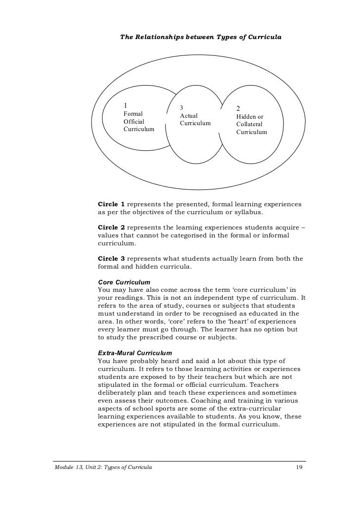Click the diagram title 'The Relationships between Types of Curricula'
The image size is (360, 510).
(x=201, y=38)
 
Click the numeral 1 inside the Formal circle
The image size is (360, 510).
(x=125, y=105)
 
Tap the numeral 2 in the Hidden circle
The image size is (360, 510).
(x=238, y=109)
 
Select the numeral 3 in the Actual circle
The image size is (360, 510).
(x=181, y=108)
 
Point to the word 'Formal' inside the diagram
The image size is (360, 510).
(x=133, y=114)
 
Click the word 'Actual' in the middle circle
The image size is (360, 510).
(x=189, y=115)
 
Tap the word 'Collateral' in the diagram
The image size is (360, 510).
(x=249, y=124)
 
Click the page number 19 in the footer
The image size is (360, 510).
(x=299, y=466)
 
